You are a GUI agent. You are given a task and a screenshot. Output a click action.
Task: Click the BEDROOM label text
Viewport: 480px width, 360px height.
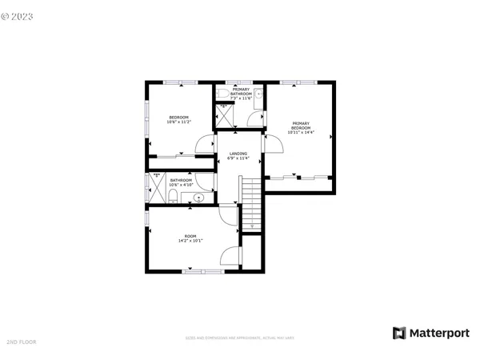pos(178,118)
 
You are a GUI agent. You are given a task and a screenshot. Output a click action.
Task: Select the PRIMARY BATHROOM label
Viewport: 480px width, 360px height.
pos(241,91)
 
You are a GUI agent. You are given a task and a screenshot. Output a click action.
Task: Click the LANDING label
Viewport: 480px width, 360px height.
pos(238,153)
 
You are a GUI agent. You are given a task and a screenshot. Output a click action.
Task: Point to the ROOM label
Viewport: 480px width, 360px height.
pos(190,236)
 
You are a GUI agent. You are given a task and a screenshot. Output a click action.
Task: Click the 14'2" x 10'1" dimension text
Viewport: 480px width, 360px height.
pos(190,241)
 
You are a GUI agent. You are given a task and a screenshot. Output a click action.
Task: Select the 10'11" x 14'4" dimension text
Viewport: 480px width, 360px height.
pos(300,132)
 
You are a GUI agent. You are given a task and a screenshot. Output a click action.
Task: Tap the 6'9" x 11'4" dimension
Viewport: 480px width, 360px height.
pos(238,158)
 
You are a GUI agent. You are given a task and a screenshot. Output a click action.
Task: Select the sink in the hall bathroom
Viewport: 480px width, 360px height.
pos(200,197)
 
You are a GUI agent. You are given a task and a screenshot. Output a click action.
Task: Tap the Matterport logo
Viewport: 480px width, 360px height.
pos(429,332)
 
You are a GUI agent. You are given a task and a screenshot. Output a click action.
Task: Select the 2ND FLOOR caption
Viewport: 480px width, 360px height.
pos(21,342)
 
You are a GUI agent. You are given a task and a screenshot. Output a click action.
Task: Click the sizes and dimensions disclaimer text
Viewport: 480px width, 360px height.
pos(240,338)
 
